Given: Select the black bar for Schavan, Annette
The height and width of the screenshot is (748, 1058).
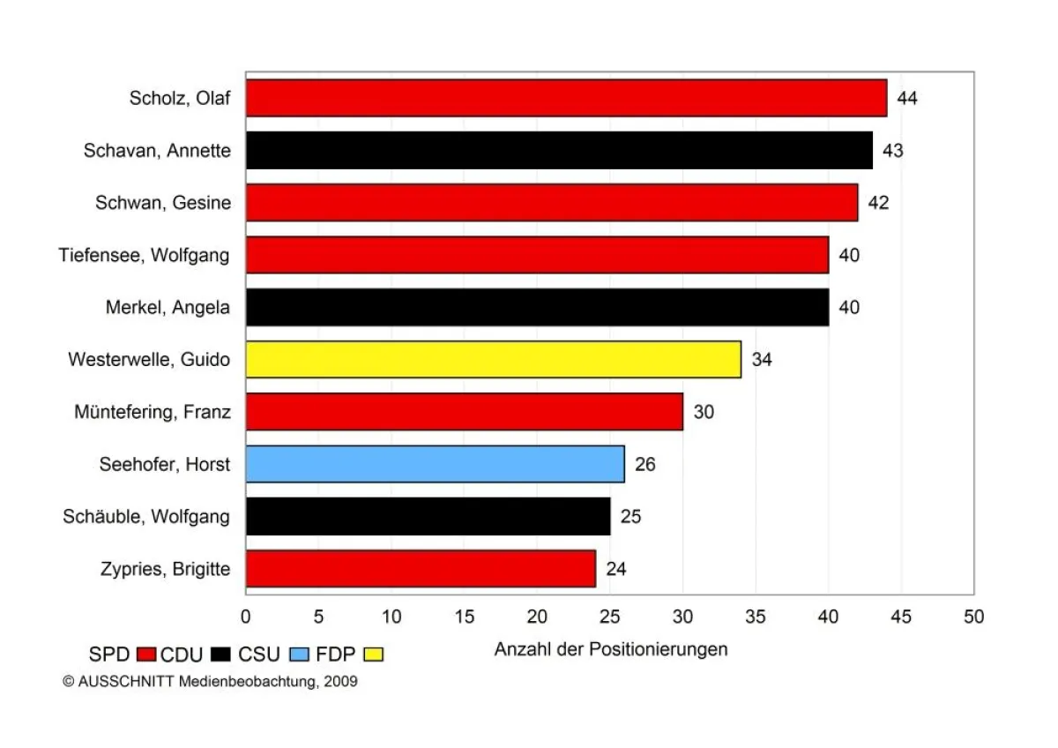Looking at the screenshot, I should coord(559,150).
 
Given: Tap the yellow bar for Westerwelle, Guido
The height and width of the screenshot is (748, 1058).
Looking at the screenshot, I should coord(493,359).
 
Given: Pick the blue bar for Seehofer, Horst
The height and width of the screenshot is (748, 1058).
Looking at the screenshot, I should coord(435,464).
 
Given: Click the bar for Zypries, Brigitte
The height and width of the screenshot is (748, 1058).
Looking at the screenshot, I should coord(421,569).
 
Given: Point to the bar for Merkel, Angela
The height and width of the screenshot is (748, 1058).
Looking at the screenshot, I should coord(537,307).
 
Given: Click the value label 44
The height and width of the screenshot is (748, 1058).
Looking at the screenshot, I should coord(907,98).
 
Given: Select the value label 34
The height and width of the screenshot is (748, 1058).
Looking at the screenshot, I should coord(762,359).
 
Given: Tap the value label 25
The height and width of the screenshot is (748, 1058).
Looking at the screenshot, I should coord(630,517).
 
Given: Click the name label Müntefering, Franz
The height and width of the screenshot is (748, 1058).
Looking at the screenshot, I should coord(153,412).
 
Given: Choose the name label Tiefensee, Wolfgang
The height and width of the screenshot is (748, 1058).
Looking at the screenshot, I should coord(145,255).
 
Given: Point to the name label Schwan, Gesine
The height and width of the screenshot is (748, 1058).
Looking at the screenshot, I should coord(163,203).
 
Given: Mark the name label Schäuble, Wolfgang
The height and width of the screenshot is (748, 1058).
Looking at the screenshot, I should coord(146,517).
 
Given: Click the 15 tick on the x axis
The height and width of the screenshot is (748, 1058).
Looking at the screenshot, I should coord(465,616).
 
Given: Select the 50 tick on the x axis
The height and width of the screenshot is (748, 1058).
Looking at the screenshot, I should coord(973,616).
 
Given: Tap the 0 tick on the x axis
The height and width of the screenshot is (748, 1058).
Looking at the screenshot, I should coord(246,616).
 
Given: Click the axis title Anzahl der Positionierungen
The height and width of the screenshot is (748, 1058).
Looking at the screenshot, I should coord(610,650).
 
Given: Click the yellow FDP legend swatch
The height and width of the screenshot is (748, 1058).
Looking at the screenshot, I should coord(374,654).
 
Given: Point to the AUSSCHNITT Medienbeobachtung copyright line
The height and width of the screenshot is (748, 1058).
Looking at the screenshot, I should coord(211,682).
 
